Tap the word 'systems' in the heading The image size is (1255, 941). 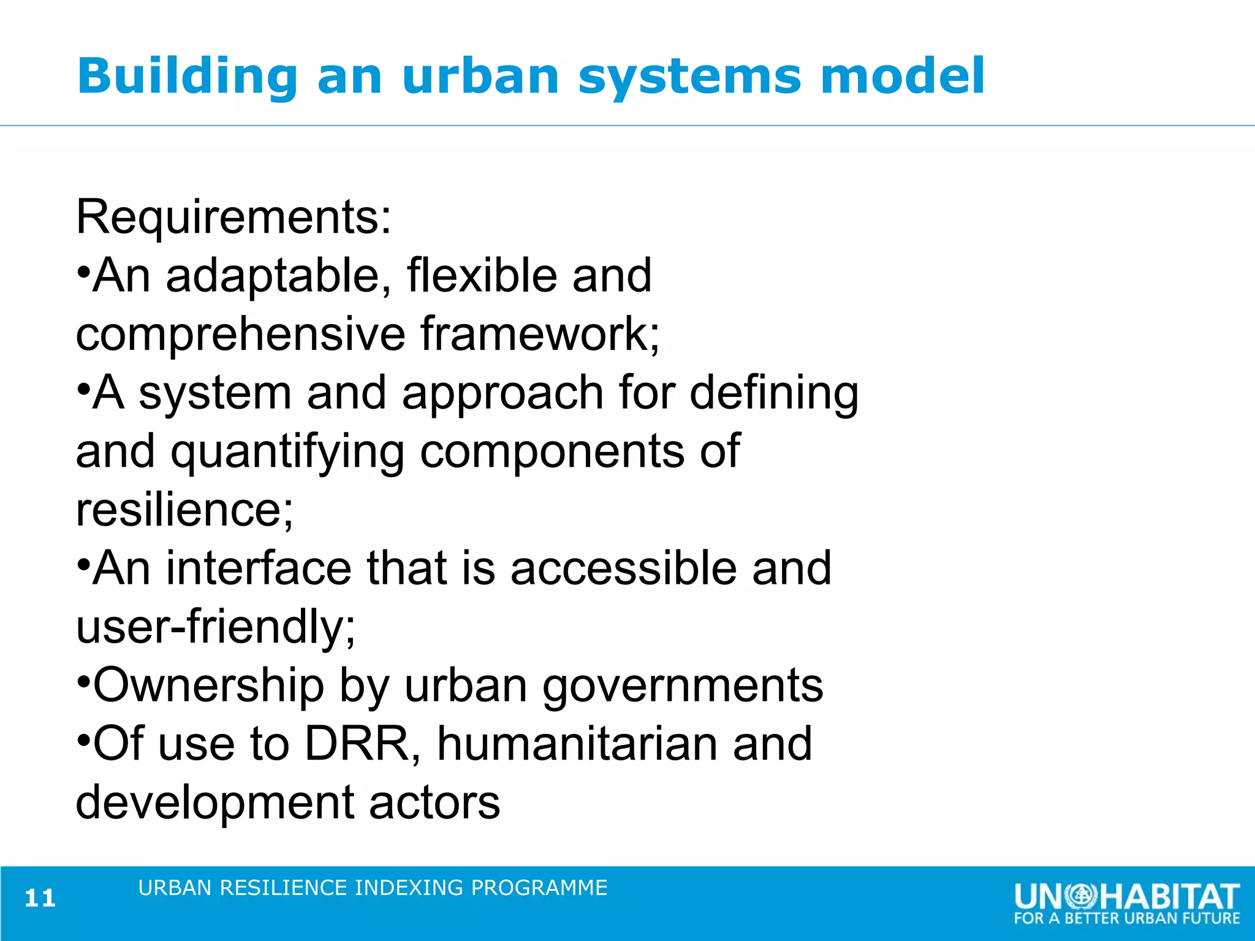pos(690,77)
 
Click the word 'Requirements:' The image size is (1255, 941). pos(233,217)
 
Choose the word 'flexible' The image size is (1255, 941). pos(482,276)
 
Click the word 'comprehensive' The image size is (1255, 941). pos(241,334)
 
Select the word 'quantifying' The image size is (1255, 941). pos(287,452)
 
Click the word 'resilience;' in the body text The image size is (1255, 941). pos(184,510)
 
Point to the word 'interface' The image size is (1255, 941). pos(259,569)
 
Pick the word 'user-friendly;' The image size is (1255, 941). pos(215,627)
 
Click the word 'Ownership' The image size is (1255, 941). pos(208,685)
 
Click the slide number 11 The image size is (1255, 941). pos(40,899)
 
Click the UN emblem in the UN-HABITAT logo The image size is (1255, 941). pos(1082,896)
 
